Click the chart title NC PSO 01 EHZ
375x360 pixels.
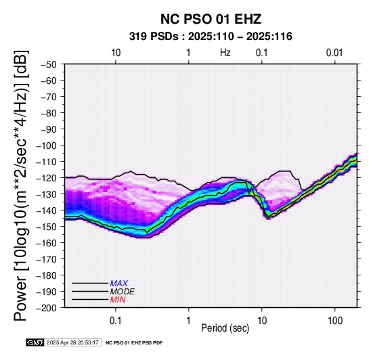point(211,19)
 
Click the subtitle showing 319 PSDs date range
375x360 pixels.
point(211,37)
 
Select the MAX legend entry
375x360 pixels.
point(119,284)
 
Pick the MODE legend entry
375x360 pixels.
point(123,292)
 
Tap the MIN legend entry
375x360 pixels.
point(118,300)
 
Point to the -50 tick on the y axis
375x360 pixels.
point(48,64)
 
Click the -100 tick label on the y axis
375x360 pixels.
point(46,145)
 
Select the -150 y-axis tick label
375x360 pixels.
point(46,227)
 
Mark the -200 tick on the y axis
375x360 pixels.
point(46,308)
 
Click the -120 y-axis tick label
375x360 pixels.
point(46,178)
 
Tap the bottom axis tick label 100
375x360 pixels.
point(335,321)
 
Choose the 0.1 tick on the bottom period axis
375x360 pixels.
point(116,321)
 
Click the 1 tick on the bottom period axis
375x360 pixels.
point(188,321)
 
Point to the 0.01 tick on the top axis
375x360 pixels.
point(334,53)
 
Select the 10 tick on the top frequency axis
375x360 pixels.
point(116,53)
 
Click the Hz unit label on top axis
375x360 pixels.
point(225,53)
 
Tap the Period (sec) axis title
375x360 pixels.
point(225,328)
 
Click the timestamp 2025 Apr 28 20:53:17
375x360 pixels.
point(72,342)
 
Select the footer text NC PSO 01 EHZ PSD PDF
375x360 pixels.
point(134,343)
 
